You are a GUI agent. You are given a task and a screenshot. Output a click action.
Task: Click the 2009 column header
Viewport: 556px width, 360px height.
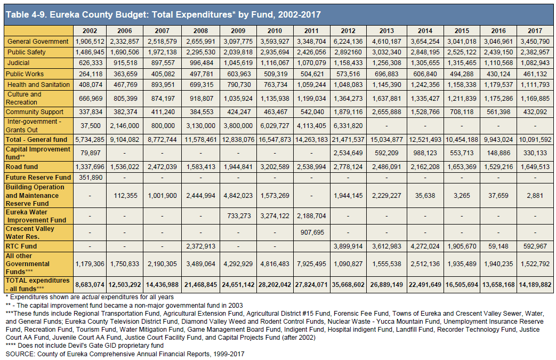[x=238, y=31]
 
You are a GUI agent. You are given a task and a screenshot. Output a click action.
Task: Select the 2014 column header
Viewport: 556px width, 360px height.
[x=425, y=31]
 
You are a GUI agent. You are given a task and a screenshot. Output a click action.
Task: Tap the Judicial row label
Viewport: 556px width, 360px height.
[x=19, y=63]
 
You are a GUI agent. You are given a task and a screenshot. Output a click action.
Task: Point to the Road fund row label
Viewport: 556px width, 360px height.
[x=22, y=167]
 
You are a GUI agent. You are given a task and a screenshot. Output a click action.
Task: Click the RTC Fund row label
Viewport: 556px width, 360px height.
[x=21, y=246]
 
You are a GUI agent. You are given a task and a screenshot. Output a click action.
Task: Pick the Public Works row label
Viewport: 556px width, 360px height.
[x=25, y=74]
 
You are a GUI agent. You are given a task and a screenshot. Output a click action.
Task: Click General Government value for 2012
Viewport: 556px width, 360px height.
[x=348, y=42]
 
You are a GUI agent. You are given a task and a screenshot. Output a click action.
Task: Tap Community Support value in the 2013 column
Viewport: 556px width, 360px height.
[x=386, y=111]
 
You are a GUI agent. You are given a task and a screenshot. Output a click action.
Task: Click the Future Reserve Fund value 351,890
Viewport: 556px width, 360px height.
[x=91, y=178]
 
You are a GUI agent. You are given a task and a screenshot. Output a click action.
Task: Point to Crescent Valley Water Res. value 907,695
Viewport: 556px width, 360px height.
[x=312, y=233]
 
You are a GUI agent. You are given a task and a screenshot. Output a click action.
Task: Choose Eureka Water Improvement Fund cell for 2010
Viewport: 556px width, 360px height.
[x=275, y=215]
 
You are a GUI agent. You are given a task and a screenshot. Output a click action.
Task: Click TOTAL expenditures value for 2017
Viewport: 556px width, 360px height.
[x=535, y=285]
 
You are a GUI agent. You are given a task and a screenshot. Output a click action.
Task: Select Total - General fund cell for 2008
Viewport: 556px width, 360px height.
[x=200, y=139]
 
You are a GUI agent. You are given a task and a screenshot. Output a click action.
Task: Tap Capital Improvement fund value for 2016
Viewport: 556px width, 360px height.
[x=498, y=153]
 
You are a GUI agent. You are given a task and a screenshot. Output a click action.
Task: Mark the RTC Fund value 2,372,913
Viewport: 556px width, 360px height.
[x=200, y=246]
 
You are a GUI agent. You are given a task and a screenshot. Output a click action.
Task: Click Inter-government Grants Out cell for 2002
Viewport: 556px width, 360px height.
[x=91, y=125]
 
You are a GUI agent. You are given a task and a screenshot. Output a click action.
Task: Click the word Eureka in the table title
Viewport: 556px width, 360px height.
[x=66, y=14]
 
